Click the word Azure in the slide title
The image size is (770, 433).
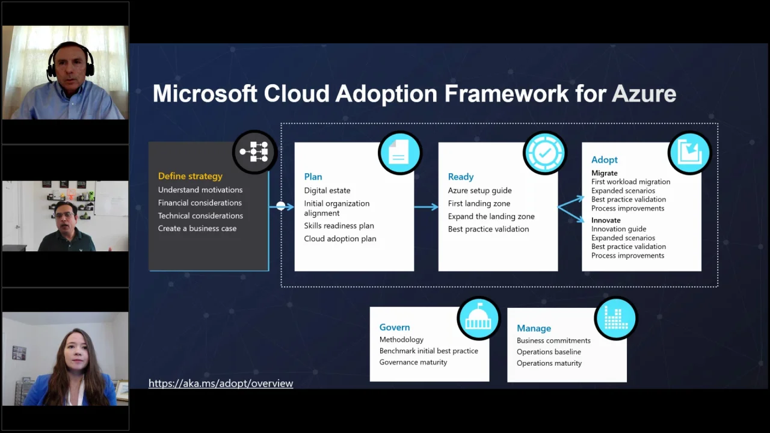point(644,94)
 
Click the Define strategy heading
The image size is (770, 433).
point(190,176)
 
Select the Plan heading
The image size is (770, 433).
point(313,177)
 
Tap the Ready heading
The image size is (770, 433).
point(461,177)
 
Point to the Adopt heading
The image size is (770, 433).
point(605,160)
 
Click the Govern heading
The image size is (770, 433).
point(395,327)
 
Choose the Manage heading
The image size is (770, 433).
point(534,328)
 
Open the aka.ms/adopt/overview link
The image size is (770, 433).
point(221,384)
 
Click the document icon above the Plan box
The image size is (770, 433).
point(399,153)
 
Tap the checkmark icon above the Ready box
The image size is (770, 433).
point(544,153)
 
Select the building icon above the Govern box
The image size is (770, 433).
point(478,318)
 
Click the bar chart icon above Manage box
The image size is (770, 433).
point(615,318)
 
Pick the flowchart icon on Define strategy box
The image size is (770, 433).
point(254,152)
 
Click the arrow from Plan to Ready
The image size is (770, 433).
point(426,207)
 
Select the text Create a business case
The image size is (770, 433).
point(197,229)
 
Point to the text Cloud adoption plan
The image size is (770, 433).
point(340,239)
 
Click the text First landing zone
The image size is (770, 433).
point(479,203)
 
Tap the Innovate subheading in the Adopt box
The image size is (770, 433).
point(606,221)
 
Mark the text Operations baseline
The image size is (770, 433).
point(549,352)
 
